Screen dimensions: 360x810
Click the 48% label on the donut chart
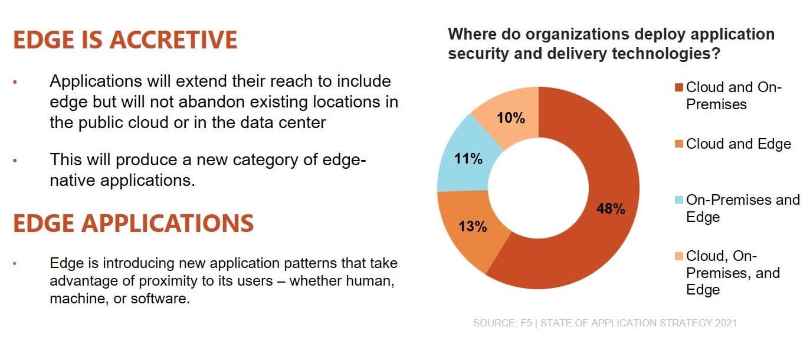(x=611, y=209)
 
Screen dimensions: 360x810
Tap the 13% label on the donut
(x=473, y=226)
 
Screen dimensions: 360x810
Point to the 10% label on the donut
(x=510, y=118)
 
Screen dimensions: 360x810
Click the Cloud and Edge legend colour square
(x=679, y=144)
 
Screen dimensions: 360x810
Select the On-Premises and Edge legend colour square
(x=679, y=200)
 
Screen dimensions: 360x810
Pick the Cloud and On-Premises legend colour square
(x=679, y=88)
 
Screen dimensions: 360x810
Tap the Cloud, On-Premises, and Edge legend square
(x=679, y=256)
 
